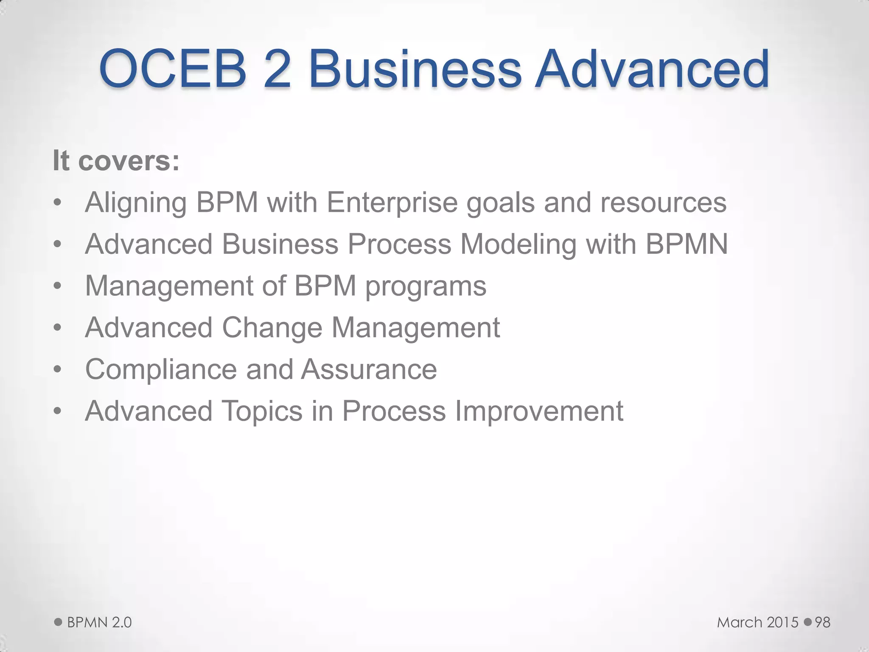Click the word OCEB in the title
(173, 69)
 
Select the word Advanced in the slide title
(652, 69)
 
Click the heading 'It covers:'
(116, 161)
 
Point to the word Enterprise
(392, 202)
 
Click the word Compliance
(161, 369)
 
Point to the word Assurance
(369, 369)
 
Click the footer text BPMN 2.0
(99, 622)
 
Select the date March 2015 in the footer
(758, 622)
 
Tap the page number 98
(822, 622)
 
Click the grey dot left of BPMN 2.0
(58, 622)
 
